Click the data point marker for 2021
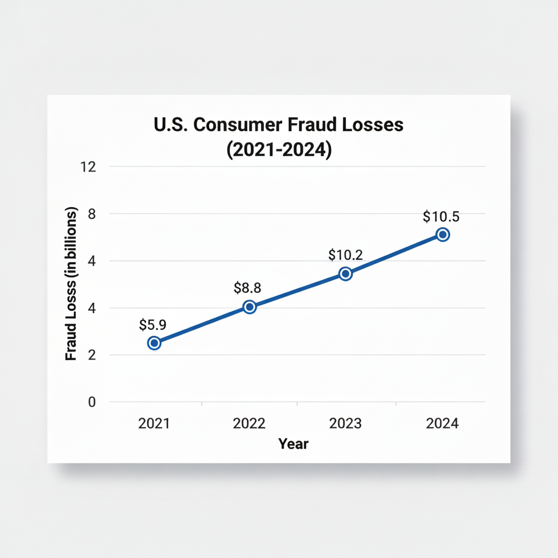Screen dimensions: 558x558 [x=154, y=343]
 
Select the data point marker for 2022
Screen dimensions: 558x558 [x=250, y=307]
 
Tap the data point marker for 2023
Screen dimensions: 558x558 [x=345, y=274]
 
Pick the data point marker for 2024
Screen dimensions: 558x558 [x=442, y=234]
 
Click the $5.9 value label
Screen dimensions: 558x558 [x=153, y=325]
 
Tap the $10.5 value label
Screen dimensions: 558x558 [x=441, y=216]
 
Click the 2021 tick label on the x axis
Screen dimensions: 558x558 [x=154, y=423]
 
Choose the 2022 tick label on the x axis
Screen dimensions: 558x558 [x=249, y=423]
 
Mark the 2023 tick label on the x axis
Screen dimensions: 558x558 [x=345, y=423]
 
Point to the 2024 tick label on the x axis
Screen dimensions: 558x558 [x=442, y=423]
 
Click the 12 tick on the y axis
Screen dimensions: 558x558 [x=88, y=167]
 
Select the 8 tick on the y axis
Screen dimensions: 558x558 [x=92, y=214]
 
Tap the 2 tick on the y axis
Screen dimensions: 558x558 [x=92, y=355]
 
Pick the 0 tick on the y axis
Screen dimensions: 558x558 [x=92, y=402]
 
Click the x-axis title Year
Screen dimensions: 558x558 [x=293, y=444]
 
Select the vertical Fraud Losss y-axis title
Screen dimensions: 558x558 [x=71, y=283]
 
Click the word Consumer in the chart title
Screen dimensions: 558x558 [x=237, y=125]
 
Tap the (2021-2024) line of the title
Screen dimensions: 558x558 [x=278, y=149]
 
